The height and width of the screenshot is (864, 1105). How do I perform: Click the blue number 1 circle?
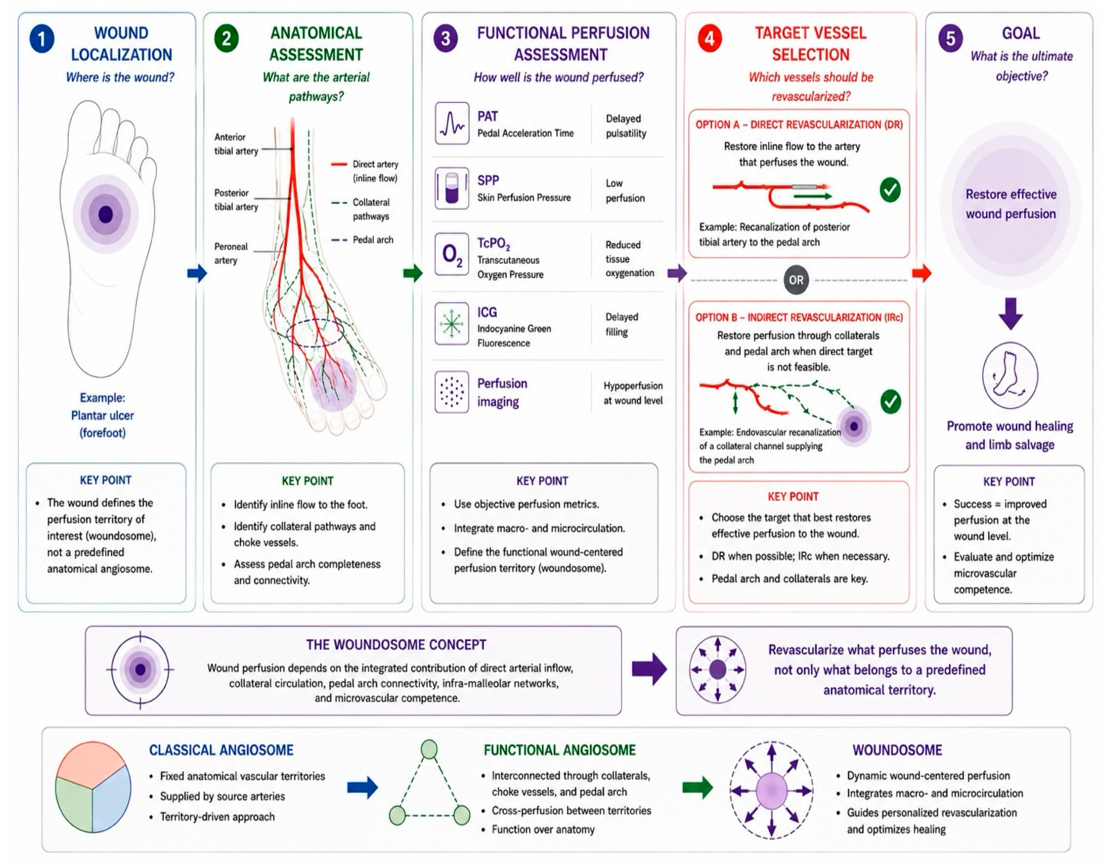pos(42,39)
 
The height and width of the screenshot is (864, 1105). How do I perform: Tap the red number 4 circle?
pos(710,38)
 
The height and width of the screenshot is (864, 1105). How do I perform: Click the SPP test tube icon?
pos(452,188)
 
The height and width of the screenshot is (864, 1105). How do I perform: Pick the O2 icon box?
pos(452,254)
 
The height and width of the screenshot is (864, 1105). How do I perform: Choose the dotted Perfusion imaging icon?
pos(452,392)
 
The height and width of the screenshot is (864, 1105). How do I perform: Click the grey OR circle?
pos(796,280)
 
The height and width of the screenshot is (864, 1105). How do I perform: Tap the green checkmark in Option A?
pos(890,190)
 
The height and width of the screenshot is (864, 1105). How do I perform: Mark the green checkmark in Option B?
pos(890,402)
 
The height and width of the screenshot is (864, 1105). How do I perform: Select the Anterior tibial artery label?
pos(236,144)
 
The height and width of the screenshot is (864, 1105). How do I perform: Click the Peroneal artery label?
pos(231,253)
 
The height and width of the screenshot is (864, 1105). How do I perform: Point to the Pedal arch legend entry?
pos(362,240)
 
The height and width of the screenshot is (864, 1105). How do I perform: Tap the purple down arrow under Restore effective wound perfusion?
pos(1011,314)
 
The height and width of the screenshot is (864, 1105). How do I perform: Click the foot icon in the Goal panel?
pos(1010,376)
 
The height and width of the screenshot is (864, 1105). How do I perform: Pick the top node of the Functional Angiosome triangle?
pos(429,749)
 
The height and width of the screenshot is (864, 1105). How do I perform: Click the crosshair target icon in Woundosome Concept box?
pos(140,670)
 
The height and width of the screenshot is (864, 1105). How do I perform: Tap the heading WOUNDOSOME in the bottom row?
pos(897,750)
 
